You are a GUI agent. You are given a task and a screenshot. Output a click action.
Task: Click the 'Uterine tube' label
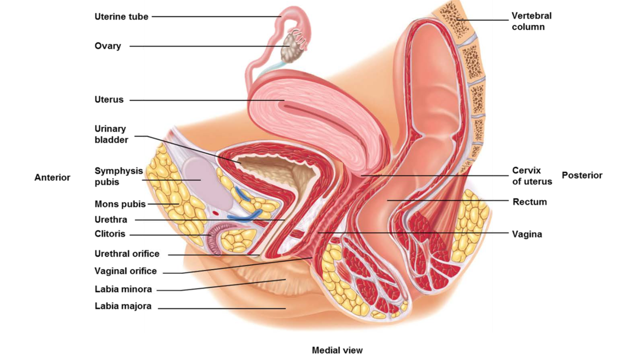[121, 17]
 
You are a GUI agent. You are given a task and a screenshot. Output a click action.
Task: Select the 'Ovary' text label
[107, 46]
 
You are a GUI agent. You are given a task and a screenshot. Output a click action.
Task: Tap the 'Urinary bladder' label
[111, 134]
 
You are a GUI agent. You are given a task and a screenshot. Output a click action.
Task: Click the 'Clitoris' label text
[110, 234]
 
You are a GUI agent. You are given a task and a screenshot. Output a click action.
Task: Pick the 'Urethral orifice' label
[127, 254]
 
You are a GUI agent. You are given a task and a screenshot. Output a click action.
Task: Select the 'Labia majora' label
[123, 306]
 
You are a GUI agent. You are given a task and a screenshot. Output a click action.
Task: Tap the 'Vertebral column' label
[531, 21]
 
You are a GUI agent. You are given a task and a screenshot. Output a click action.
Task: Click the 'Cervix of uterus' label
[532, 176]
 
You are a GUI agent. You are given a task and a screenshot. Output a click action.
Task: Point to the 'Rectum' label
[529, 202]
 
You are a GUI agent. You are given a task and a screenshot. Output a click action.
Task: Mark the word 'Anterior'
[52, 177]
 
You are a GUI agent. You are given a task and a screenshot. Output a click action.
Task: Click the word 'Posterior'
[582, 176]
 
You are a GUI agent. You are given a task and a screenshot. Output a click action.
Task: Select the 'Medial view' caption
[337, 351]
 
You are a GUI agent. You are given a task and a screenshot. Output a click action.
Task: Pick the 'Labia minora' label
[123, 289]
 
